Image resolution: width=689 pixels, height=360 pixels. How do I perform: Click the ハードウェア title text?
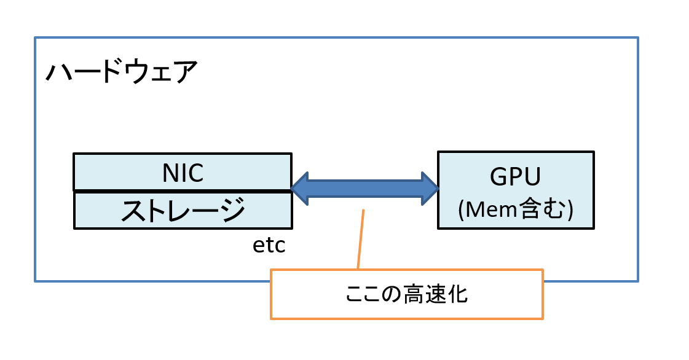pos(122,71)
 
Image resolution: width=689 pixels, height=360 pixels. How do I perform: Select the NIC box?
pos(183,172)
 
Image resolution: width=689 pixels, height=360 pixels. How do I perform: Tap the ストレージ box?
pos(183,210)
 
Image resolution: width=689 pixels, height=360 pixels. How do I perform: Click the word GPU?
pos(515,176)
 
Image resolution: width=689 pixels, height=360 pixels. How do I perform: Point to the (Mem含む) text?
pos(516,209)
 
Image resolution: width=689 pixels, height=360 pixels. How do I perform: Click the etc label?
pos(269,245)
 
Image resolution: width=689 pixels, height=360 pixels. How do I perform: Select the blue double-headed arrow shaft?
pos(364,189)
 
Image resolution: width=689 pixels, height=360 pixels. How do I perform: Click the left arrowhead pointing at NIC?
pos(300,189)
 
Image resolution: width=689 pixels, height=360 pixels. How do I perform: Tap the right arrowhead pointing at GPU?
pos(430,189)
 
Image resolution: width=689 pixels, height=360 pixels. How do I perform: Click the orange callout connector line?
pos(361,239)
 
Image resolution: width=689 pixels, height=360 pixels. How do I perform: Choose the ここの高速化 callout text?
pos(406,294)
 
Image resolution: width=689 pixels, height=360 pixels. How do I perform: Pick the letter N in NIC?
pos(171,173)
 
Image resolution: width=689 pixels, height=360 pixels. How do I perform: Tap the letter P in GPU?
pos(516,176)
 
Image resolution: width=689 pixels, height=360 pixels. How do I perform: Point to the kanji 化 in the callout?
pos(457,294)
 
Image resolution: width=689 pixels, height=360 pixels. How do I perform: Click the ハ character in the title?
pos(58,72)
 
